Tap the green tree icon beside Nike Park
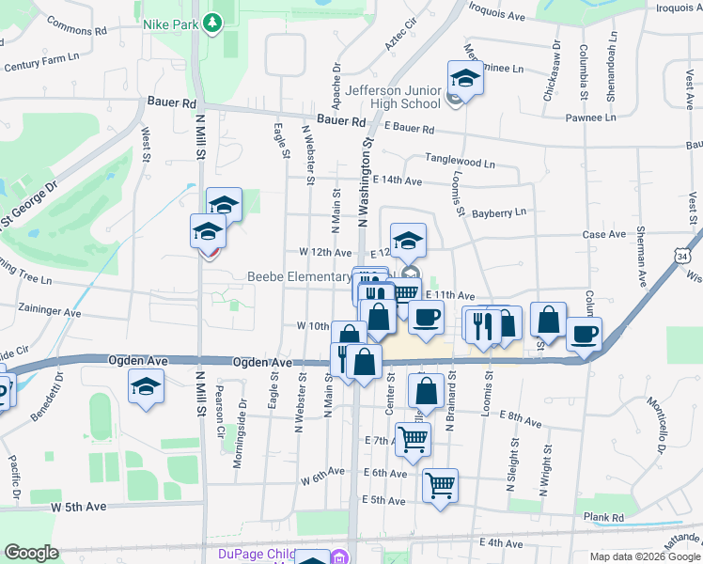[213, 20]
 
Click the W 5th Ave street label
[80, 507]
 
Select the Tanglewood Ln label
[461, 163]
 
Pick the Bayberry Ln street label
[499, 213]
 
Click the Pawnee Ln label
[590, 117]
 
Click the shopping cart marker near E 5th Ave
[440, 486]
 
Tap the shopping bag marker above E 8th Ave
[426, 392]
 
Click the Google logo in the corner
[31, 553]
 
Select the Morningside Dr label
[242, 431]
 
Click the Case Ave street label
[604, 235]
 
